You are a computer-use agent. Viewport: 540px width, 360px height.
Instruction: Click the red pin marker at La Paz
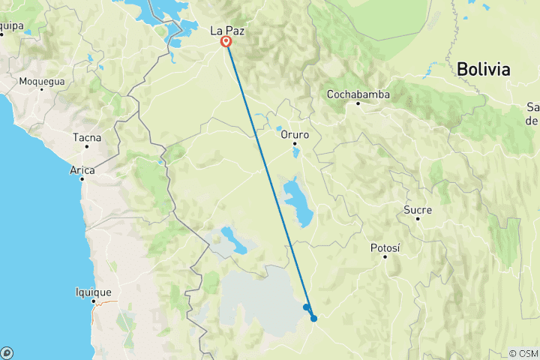226,42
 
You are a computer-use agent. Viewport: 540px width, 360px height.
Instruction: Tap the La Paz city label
226,31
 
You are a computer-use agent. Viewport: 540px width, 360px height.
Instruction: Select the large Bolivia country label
483,70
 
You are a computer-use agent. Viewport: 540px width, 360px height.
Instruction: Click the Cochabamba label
358,94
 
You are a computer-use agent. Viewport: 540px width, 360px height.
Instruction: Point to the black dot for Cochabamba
358,103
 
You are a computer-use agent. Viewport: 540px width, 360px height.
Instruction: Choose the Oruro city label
295,135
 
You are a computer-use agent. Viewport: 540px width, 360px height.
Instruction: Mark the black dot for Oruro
295,143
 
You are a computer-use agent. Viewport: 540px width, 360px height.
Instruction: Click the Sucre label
418,210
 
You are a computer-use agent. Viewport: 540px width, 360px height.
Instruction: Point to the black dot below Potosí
385,256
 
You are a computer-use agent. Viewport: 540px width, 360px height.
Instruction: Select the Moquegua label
42,81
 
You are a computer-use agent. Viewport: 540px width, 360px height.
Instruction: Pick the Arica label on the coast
82,170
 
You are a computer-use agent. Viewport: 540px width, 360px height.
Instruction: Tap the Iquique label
93,292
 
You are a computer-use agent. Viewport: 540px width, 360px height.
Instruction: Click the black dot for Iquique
94,301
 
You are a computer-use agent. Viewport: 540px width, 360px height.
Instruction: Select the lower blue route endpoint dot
314,319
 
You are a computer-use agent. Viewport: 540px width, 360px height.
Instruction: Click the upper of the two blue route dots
306,307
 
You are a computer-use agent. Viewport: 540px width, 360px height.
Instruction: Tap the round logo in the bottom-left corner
7,352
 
